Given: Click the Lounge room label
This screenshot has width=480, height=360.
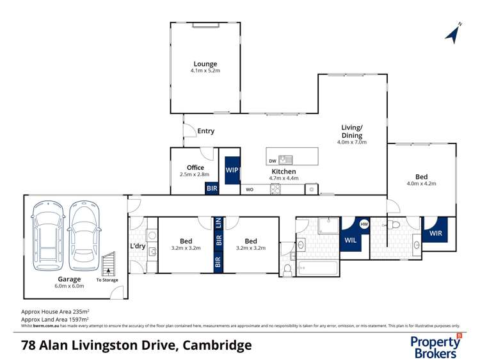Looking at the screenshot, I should [x=205, y=64].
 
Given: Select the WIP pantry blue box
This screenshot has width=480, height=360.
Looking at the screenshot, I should [x=231, y=170].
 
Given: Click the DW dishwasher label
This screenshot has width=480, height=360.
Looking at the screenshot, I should [x=273, y=160].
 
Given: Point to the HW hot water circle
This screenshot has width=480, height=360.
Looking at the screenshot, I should [x=364, y=224].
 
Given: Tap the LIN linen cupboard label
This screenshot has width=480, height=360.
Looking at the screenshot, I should [x=219, y=224].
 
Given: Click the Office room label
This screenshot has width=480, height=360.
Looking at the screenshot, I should [x=195, y=168].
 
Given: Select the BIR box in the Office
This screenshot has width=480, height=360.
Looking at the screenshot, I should [x=211, y=189].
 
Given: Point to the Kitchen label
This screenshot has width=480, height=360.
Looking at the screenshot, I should [x=284, y=172].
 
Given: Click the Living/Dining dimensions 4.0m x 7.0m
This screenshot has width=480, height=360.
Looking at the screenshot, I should [x=352, y=142].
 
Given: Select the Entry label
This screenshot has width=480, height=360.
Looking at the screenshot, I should [x=205, y=131].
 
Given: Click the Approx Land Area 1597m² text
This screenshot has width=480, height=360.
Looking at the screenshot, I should [x=55, y=319].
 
